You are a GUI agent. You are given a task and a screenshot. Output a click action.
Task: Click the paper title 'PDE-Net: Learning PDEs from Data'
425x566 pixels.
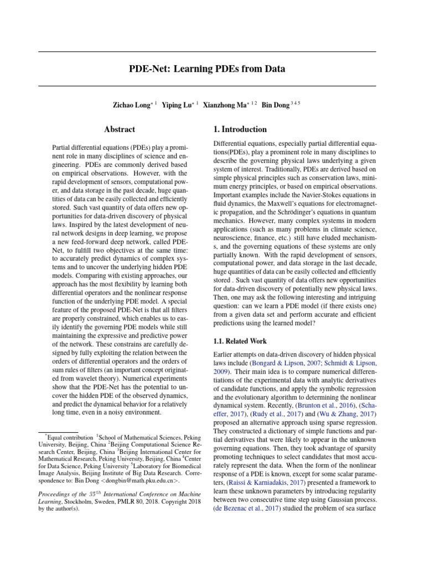coord(206,69)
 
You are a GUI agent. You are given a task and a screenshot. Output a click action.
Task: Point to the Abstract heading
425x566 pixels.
coord(120,129)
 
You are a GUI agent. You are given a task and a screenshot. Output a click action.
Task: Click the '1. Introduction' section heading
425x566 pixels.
coord(240,129)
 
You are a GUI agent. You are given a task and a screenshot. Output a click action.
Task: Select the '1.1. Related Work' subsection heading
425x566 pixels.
coord(241,341)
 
